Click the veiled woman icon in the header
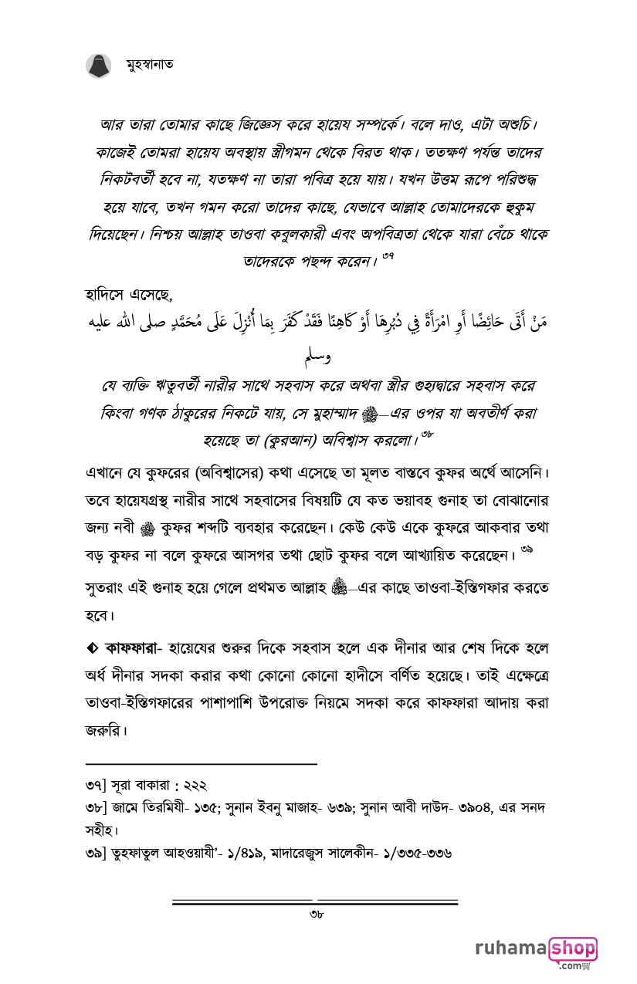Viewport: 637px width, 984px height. tap(98, 66)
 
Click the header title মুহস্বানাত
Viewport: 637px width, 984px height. tap(149, 65)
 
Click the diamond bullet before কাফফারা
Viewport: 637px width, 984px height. tap(92, 645)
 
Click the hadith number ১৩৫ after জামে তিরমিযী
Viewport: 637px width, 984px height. tap(206, 807)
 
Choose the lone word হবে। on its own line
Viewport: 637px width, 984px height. tap(100, 617)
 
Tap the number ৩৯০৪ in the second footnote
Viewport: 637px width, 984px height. tap(459, 807)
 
